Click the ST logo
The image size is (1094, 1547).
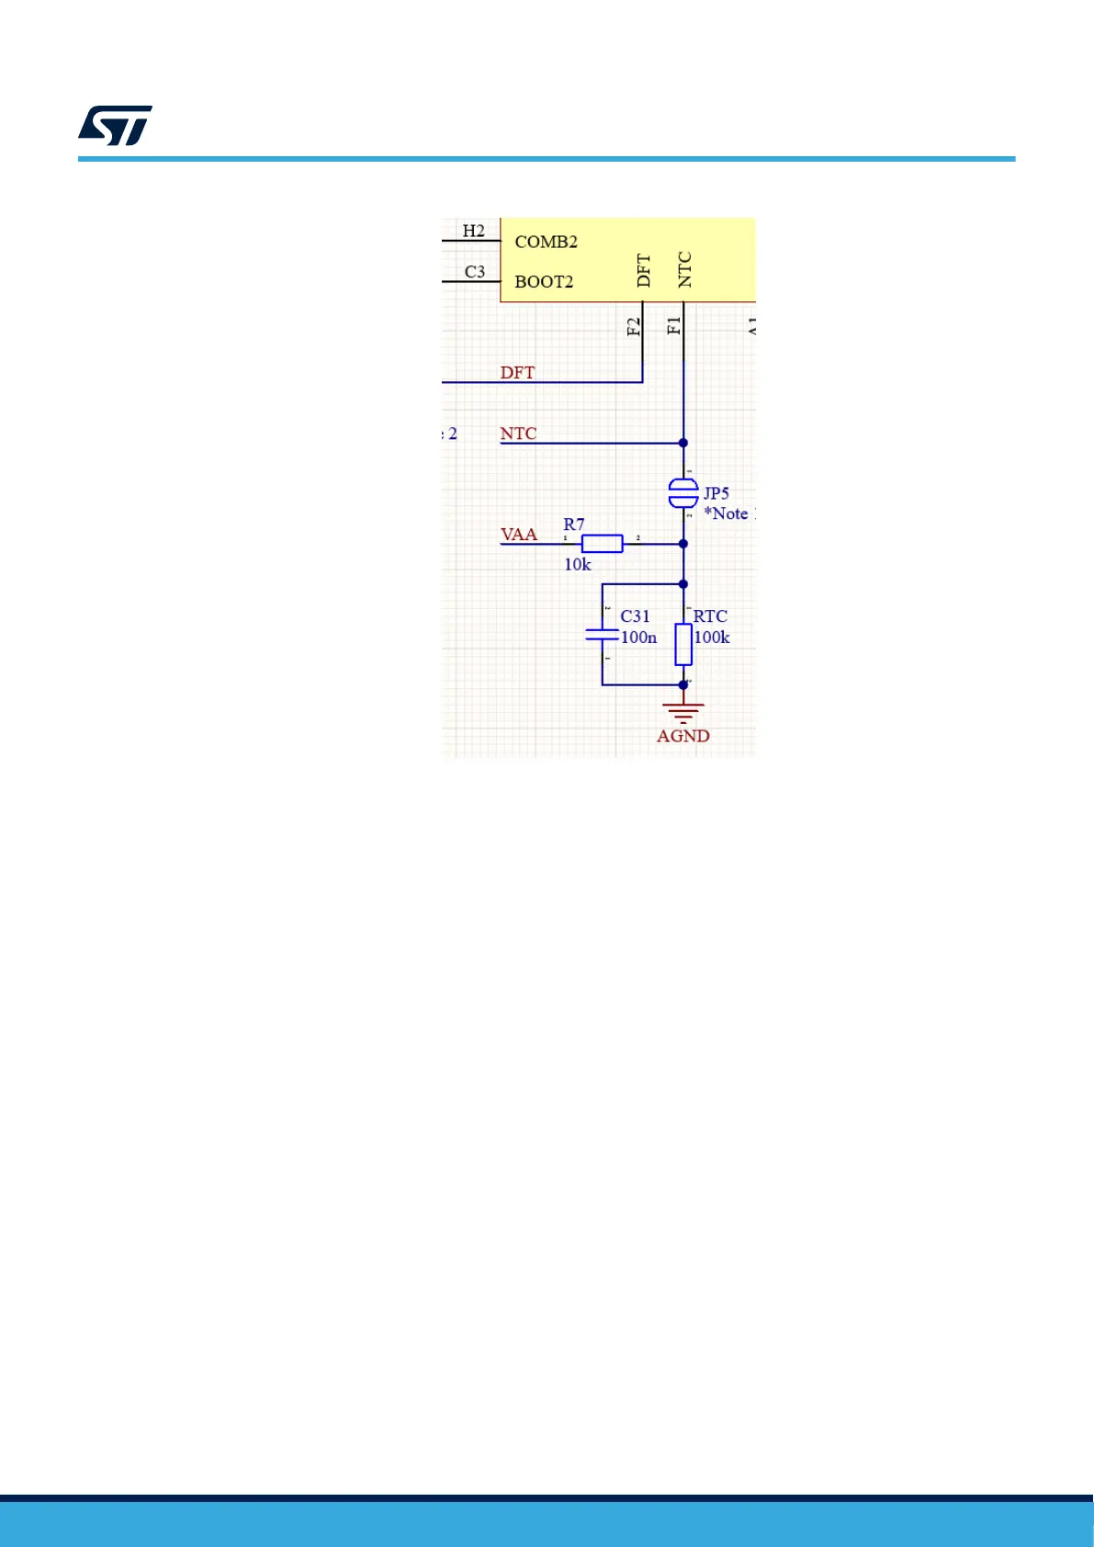115,126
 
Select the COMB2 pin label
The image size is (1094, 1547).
546,242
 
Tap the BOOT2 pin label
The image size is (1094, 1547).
544,281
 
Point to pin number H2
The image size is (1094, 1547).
473,231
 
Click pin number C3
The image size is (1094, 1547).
474,271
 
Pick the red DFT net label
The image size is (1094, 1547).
517,372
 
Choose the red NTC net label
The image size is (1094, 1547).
518,433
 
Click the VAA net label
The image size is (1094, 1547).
519,534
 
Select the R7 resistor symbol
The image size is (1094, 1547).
602,544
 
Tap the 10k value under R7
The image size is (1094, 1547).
577,564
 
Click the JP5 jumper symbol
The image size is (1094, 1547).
682,493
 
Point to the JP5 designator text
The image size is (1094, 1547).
716,493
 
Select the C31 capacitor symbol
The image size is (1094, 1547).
602,634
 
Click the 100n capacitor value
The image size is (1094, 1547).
638,638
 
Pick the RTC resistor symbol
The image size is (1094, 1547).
683,644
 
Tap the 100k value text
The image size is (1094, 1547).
712,638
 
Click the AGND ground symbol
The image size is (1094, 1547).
683,711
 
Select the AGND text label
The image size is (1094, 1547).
682,736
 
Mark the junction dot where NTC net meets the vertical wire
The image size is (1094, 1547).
683,443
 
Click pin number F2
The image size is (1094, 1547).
633,326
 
